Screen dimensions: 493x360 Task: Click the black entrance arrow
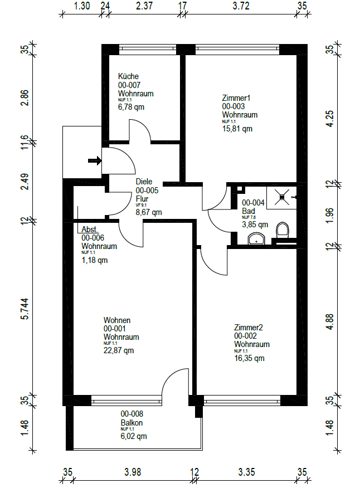(x=95, y=162)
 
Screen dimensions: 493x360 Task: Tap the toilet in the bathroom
(x=283, y=231)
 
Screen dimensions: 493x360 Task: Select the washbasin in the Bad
(x=256, y=240)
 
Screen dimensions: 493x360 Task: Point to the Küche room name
(x=128, y=76)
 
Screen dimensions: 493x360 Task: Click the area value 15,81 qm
(x=237, y=129)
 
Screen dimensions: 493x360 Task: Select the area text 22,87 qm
(x=119, y=351)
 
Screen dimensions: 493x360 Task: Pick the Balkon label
(x=132, y=423)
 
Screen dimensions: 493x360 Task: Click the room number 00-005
(x=148, y=190)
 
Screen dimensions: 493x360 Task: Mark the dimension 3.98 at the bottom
(x=133, y=472)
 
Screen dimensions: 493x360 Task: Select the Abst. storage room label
(x=90, y=230)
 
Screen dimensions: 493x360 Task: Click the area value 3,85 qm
(x=255, y=225)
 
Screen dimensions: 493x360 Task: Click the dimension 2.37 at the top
(x=143, y=7)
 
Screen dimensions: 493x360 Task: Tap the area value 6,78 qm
(x=131, y=107)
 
